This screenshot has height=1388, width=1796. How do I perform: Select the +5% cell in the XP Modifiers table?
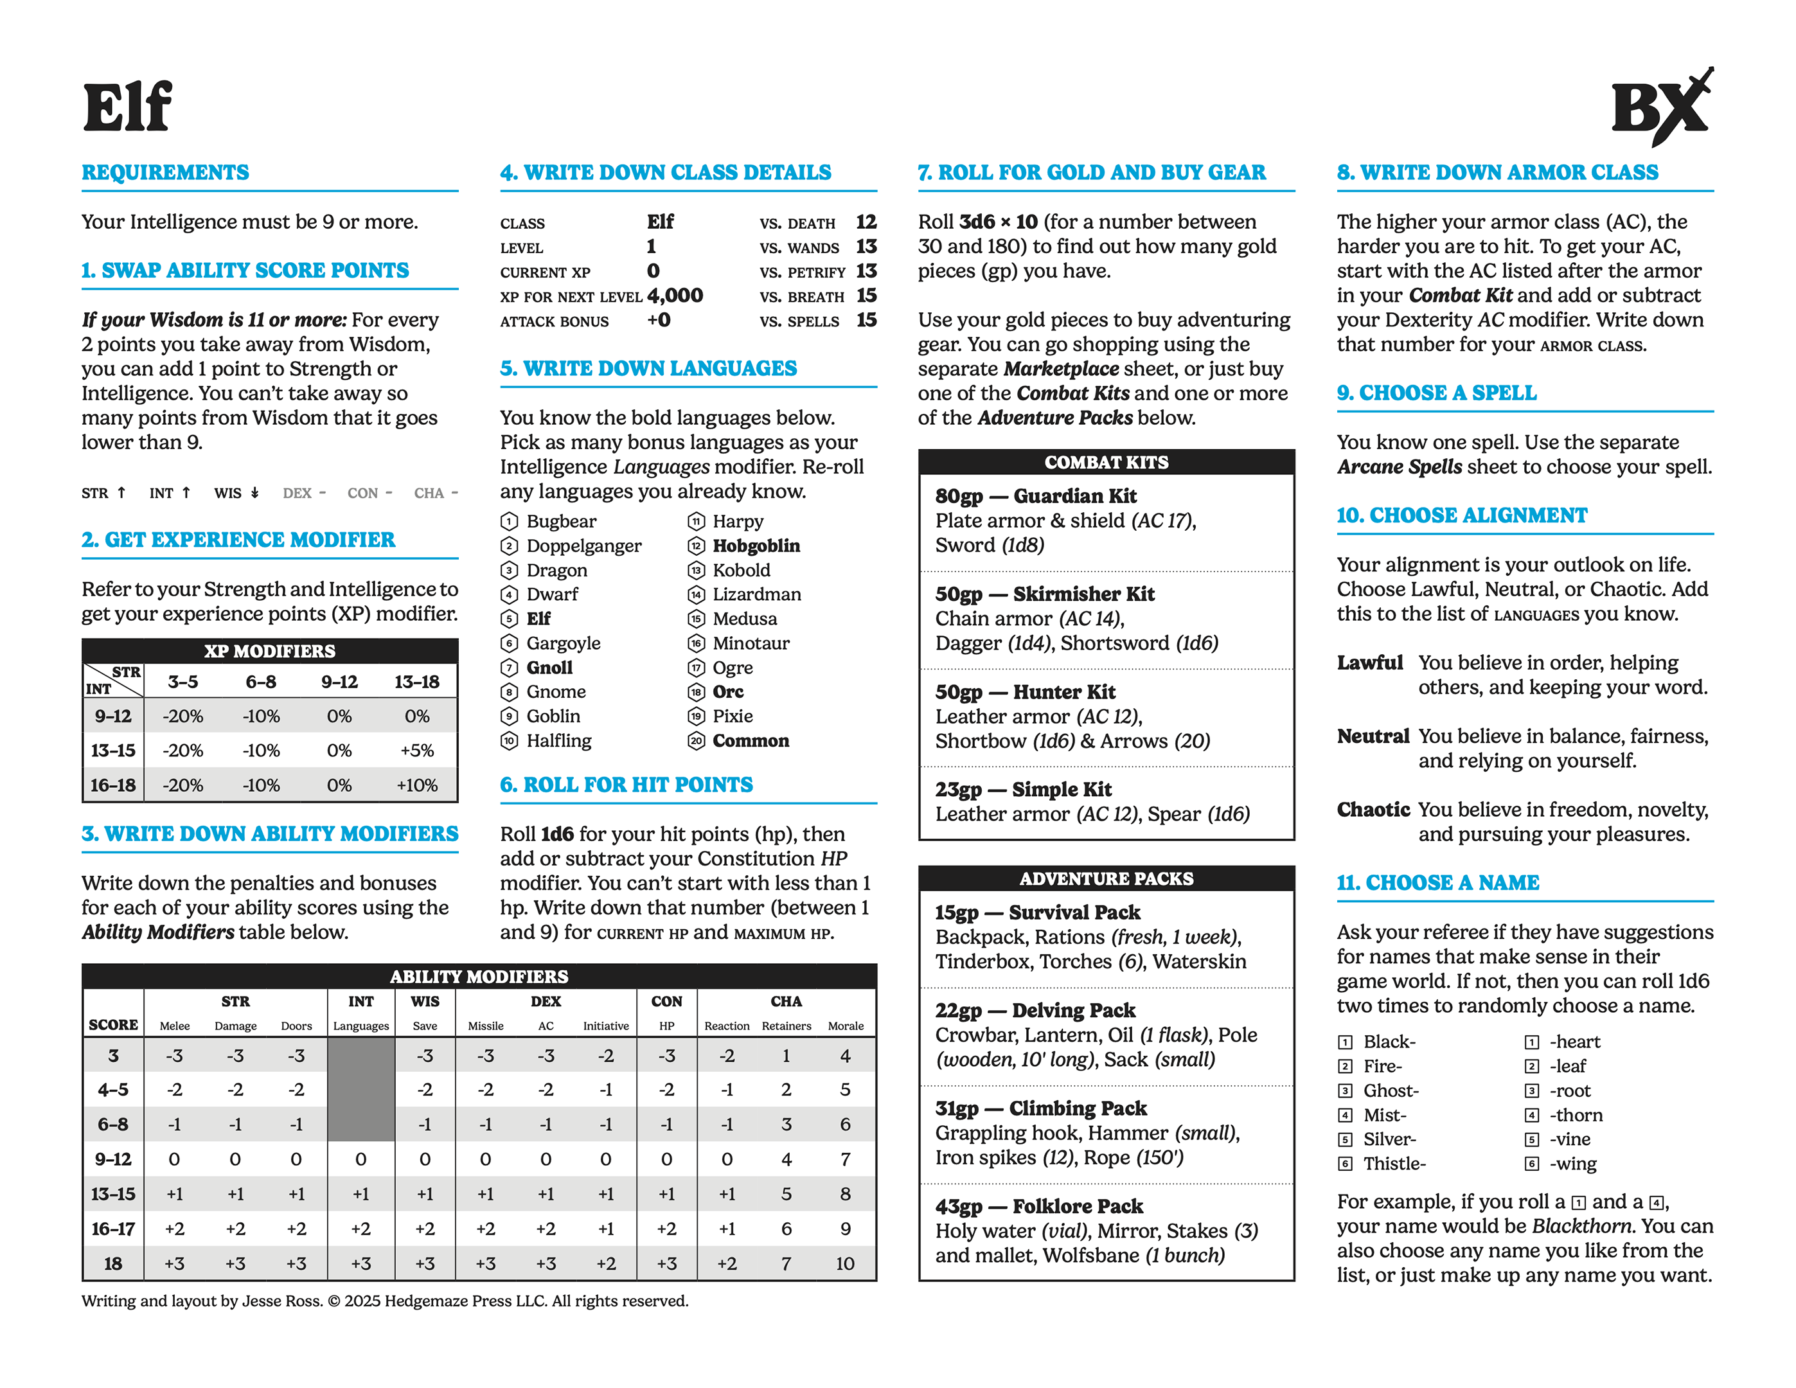pos(417,751)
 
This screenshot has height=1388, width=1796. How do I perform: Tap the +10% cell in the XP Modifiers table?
pos(417,785)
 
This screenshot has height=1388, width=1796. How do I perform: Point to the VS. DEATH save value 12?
pos(866,222)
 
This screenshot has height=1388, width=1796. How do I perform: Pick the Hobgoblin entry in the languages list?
pos(756,546)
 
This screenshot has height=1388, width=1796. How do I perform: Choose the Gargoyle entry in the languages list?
pos(564,644)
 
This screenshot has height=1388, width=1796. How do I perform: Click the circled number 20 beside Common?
pos(697,742)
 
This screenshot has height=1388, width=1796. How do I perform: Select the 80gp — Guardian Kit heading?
pos(1035,497)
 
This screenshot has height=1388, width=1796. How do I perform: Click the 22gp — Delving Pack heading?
pos(1035,1011)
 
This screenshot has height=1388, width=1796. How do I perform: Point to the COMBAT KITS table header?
pos(1106,463)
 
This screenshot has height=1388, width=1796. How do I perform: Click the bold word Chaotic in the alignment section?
pos(1373,810)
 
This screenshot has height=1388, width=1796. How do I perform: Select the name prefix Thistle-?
pos(1394,1164)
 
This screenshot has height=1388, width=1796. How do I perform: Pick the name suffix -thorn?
pos(1576,1116)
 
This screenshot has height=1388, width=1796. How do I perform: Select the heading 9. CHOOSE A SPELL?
pos(1436,393)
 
